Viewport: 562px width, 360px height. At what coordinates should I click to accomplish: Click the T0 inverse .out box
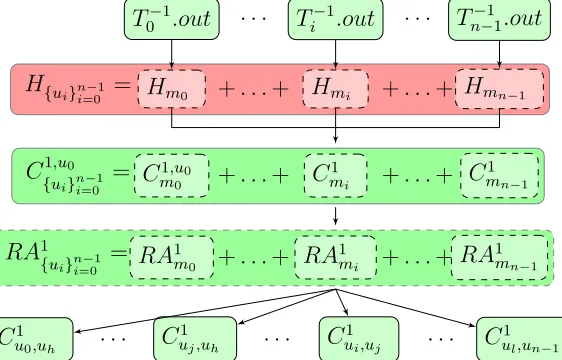click(x=172, y=19)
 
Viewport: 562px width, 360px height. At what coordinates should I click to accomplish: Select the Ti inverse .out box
click(x=335, y=19)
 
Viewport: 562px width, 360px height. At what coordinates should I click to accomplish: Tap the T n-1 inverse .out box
click(x=499, y=20)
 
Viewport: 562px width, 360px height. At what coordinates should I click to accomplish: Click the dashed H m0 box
click(x=172, y=89)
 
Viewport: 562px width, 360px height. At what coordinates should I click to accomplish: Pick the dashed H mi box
click(x=335, y=89)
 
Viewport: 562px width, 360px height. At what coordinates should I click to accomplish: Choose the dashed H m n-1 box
click(x=499, y=89)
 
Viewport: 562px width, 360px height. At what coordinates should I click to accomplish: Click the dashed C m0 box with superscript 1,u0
click(x=172, y=175)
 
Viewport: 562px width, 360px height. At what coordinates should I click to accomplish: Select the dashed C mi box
click(x=335, y=175)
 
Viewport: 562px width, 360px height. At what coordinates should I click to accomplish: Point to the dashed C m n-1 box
click(x=500, y=175)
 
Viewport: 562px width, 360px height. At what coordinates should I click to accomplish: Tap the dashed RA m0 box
click(x=172, y=257)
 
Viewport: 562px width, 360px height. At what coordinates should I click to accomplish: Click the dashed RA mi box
click(x=335, y=257)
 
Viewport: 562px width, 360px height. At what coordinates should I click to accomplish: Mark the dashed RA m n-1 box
click(x=499, y=257)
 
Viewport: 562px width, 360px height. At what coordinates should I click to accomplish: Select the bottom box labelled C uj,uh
click(x=195, y=338)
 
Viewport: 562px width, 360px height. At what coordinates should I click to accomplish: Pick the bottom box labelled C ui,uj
click(x=359, y=338)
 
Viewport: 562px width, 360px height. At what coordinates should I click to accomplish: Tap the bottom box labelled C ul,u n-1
click(x=520, y=338)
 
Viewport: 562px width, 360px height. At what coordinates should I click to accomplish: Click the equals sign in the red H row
click(x=122, y=85)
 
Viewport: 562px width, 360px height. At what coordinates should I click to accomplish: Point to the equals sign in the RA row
click(x=119, y=253)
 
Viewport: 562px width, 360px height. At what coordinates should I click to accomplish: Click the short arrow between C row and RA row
click(x=335, y=216)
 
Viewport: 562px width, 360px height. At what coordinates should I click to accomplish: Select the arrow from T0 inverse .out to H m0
click(x=172, y=54)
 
